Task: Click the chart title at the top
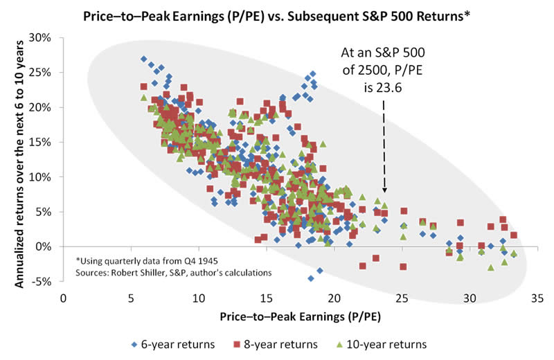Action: point(277,15)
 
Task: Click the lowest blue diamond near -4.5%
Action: point(311,278)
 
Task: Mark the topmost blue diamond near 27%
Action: point(143,59)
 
